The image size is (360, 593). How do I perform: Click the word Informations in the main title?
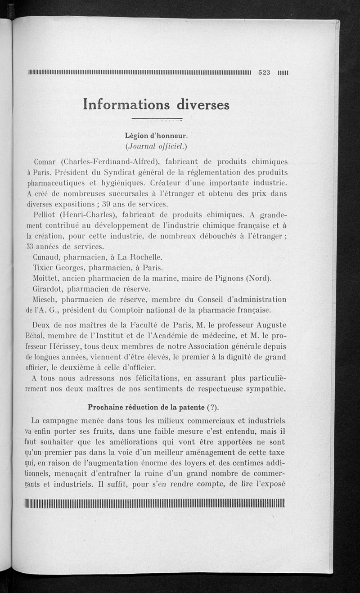[126, 104]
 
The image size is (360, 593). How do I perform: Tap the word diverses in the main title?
[203, 104]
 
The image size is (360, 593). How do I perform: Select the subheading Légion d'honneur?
[156, 135]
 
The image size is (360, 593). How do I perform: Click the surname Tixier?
[44, 268]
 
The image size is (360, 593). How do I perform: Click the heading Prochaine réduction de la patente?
[145, 408]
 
